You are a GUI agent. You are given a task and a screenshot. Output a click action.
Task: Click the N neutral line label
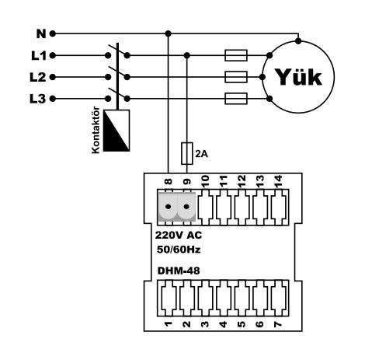[41, 33]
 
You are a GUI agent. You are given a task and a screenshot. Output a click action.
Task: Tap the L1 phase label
[39, 55]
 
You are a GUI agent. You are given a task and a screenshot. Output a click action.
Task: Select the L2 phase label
[38, 77]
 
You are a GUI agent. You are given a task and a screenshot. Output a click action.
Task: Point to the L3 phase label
[38, 99]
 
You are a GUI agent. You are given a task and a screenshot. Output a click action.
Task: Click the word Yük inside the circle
[298, 77]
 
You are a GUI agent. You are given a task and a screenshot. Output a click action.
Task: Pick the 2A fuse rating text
[201, 154]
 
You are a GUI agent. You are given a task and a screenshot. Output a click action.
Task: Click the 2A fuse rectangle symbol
[186, 153]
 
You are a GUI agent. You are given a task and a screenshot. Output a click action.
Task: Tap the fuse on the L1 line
[236, 55]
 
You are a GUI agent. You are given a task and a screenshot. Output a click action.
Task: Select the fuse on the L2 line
[236, 77]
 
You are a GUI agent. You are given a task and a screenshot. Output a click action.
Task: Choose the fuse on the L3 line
[236, 99]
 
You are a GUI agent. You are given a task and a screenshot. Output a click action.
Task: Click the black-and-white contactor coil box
[116, 131]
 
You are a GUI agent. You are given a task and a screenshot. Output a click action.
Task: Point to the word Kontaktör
[96, 130]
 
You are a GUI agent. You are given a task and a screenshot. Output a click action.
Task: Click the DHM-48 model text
[179, 271]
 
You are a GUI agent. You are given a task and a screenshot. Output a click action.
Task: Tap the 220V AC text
[179, 236]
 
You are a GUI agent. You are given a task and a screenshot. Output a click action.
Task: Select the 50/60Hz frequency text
[179, 250]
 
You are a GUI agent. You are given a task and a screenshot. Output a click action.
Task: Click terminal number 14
[278, 181]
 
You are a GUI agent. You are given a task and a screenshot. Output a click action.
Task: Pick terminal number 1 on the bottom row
[169, 324]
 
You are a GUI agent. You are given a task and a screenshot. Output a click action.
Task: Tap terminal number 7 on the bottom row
[278, 324]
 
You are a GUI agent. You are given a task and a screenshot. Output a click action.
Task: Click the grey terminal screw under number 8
[169, 207]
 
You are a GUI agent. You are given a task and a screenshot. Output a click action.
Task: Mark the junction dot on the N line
[169, 33]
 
